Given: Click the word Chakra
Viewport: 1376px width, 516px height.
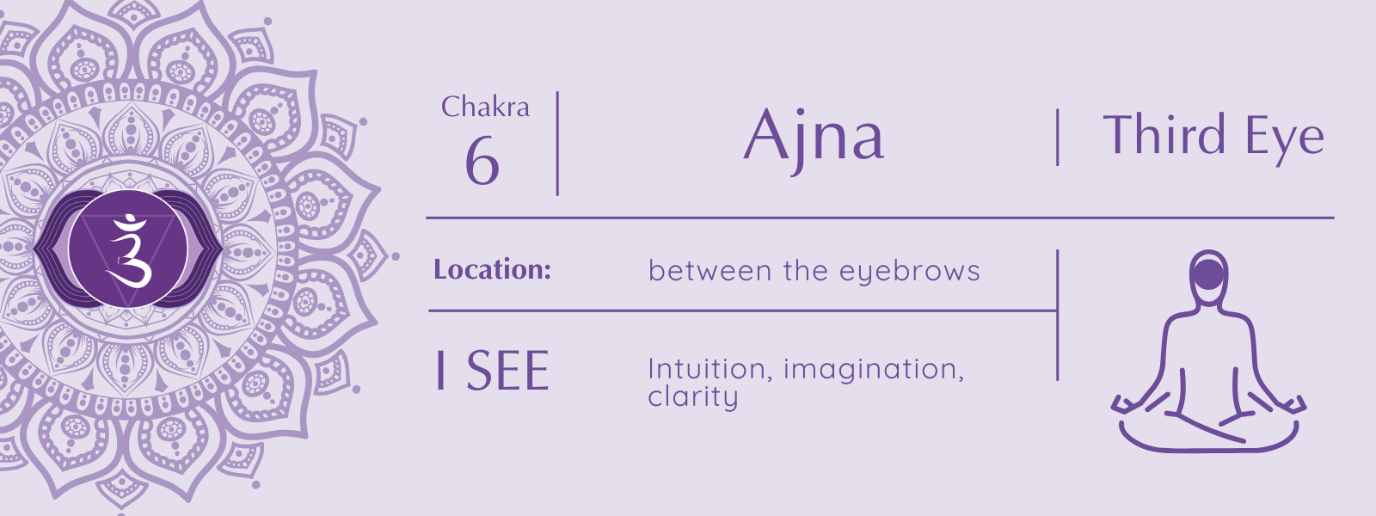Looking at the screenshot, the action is pos(485,107).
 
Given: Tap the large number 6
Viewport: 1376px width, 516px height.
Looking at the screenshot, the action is pos(482,160).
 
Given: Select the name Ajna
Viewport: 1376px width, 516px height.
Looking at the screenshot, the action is pos(814,138).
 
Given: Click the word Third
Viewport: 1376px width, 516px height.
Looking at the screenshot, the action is pos(1164,134).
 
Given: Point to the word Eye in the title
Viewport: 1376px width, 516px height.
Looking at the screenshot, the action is pos(1285,138).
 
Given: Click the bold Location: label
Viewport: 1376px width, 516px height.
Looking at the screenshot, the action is pos(492,269).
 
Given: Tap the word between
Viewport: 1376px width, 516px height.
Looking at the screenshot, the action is pos(709,270).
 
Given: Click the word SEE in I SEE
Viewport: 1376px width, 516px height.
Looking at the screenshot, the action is pos(507,371).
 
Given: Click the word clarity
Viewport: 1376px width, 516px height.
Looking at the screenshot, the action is pos(693,396).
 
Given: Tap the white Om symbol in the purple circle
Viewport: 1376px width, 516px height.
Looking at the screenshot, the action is pos(129,250).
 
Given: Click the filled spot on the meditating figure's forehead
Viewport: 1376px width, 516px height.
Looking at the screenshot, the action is pos(1208,274).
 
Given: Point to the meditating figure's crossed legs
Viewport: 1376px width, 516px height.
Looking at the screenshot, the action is pos(1209,430).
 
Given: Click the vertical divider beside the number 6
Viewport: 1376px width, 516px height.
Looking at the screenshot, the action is pos(557,143).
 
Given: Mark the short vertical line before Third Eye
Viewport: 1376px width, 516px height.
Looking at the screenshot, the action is pos(1057,137).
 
